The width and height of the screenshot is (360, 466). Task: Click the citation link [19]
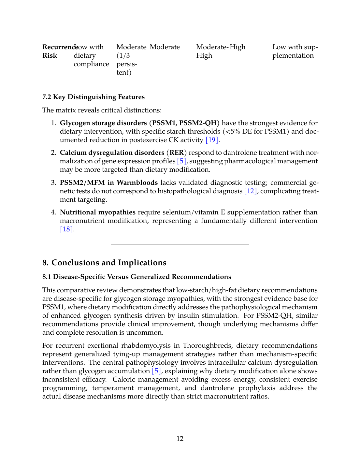click(x=212, y=140)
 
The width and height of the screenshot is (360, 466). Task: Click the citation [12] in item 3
click(x=250, y=191)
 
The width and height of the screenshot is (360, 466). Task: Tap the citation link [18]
click(x=66, y=229)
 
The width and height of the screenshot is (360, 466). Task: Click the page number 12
click(x=180, y=439)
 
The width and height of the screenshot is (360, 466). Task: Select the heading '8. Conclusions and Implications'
click(x=104, y=263)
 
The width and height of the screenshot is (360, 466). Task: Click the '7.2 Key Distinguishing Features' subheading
click(x=94, y=97)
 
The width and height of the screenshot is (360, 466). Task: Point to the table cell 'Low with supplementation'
click(x=295, y=51)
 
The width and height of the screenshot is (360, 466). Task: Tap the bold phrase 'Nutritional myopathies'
click(x=98, y=212)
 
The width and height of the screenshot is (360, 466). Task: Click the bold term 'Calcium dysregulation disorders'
click(x=112, y=153)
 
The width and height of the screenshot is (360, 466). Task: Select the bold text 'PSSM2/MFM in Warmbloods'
click(x=109, y=183)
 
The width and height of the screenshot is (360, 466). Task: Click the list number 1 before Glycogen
click(x=53, y=123)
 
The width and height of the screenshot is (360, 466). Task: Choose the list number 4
click(x=53, y=212)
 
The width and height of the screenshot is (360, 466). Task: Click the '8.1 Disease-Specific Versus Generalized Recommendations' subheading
click(x=137, y=277)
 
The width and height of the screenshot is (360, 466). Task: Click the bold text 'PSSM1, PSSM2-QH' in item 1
click(x=184, y=123)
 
